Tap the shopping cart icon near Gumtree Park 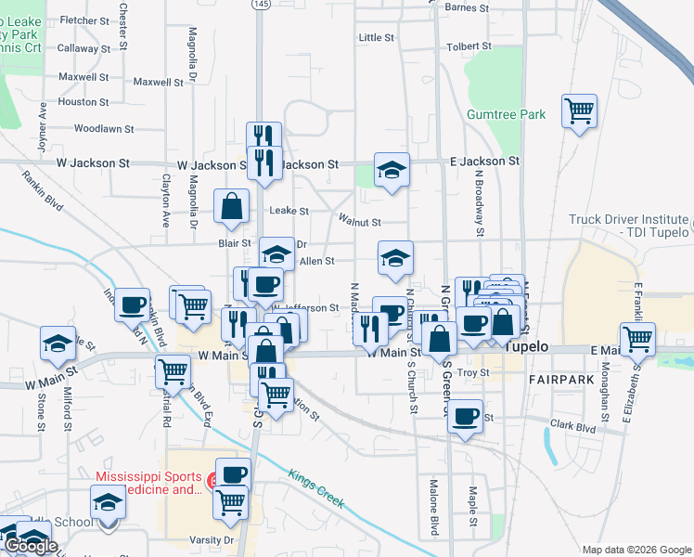pos(580,112)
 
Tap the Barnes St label pos(467,7)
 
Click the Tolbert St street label pos(469,45)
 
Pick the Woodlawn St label pos(104,129)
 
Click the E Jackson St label pos(483,161)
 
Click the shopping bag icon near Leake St pos(231,207)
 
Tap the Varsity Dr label pos(214,539)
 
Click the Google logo pos(31,547)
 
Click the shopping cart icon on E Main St pos(637,340)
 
